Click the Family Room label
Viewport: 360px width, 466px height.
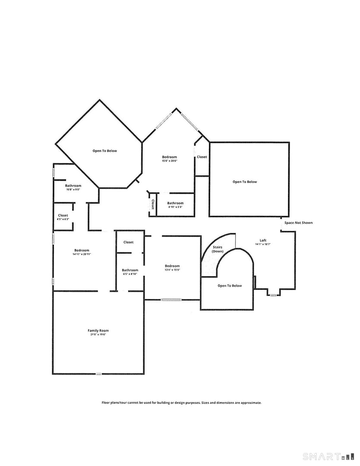[x=98, y=331]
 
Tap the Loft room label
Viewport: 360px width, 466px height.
[x=263, y=240]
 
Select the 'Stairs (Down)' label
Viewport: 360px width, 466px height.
[x=218, y=249]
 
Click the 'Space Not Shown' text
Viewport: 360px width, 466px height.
[x=298, y=223]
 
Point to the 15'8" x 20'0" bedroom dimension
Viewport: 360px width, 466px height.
[x=170, y=161]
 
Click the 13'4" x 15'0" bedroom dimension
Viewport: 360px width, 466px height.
[x=172, y=270]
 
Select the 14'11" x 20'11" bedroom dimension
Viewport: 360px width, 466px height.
[x=82, y=254]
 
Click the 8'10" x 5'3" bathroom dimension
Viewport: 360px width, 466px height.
[x=175, y=207]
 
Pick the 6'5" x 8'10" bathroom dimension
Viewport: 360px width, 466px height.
[x=130, y=274]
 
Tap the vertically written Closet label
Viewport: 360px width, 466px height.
[x=153, y=204]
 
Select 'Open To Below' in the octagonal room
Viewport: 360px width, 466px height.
[x=104, y=151]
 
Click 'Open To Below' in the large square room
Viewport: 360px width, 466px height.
[x=245, y=182]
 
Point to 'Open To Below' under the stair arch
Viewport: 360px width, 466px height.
[x=230, y=286]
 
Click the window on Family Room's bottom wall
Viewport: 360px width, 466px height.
[x=98, y=374]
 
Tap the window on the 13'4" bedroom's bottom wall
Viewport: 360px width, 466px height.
[x=171, y=299]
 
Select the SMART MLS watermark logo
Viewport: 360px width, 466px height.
[x=328, y=457]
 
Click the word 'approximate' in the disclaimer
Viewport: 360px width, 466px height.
[x=250, y=403]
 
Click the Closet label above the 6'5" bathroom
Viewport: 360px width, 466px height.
[x=128, y=242]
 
